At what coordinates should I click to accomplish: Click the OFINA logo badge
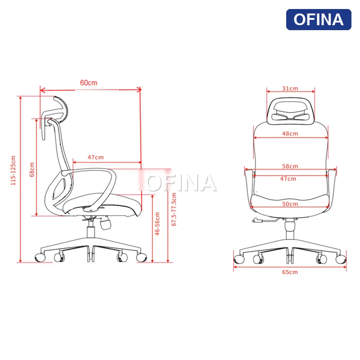318,19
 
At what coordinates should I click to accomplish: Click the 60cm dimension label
89,83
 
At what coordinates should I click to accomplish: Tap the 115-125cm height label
13,171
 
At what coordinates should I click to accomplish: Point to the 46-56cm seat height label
157,224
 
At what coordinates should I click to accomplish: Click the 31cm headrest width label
290,89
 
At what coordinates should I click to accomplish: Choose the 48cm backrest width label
290,134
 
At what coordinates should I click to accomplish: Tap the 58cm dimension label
290,166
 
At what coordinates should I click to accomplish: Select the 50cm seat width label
290,204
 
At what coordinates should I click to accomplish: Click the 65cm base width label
290,272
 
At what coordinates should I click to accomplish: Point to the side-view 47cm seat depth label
95,157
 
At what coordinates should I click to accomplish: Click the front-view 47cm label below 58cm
288,179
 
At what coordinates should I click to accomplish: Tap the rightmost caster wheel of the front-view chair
341,258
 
